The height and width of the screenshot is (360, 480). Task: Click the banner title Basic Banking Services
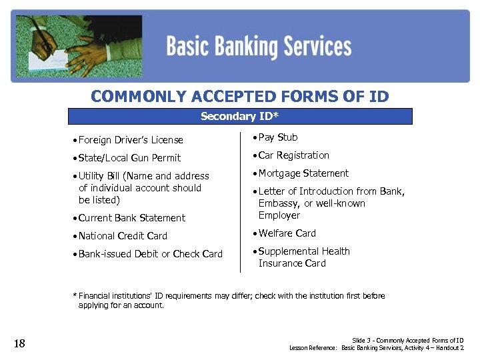click(x=259, y=47)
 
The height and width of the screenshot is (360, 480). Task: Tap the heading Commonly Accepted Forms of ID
click(x=239, y=97)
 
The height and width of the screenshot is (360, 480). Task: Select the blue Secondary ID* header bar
click(x=240, y=117)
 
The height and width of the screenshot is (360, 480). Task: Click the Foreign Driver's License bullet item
click(x=131, y=140)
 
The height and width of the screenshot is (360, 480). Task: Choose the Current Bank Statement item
click(x=132, y=218)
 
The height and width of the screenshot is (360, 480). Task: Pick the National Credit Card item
click(x=123, y=236)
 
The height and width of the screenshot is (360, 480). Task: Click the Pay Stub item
click(x=278, y=137)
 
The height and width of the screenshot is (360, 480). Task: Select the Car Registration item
click(x=294, y=155)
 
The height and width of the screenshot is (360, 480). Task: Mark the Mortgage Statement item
click(x=303, y=173)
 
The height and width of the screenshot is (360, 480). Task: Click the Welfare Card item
click(x=287, y=233)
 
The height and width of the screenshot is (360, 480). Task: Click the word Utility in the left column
click(x=91, y=176)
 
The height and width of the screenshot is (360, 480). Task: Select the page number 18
click(x=19, y=343)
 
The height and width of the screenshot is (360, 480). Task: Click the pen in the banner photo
click(x=44, y=37)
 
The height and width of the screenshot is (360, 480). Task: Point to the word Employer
click(x=279, y=215)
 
